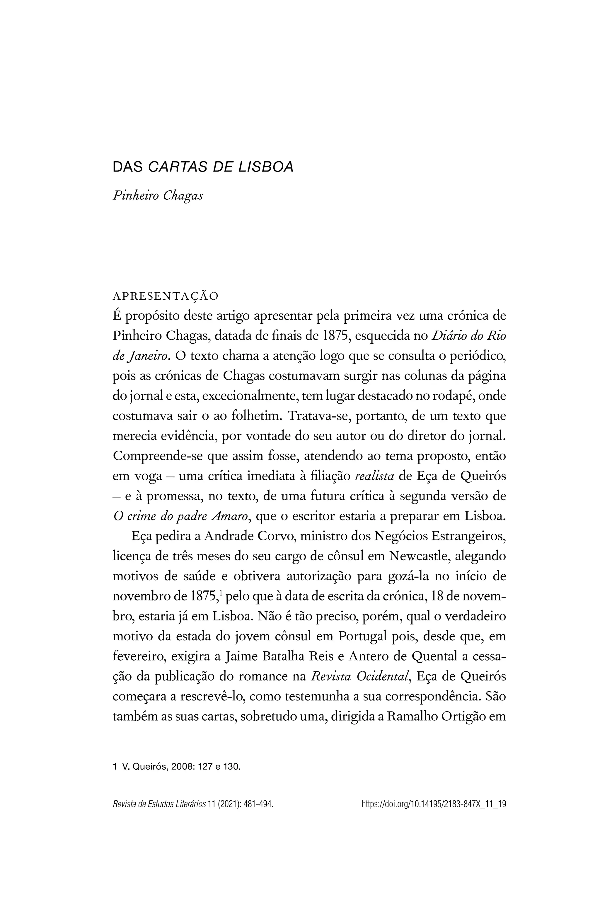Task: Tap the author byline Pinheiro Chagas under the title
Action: [x=158, y=195]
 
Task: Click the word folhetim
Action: [x=255, y=416]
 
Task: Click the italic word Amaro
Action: [x=230, y=516]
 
